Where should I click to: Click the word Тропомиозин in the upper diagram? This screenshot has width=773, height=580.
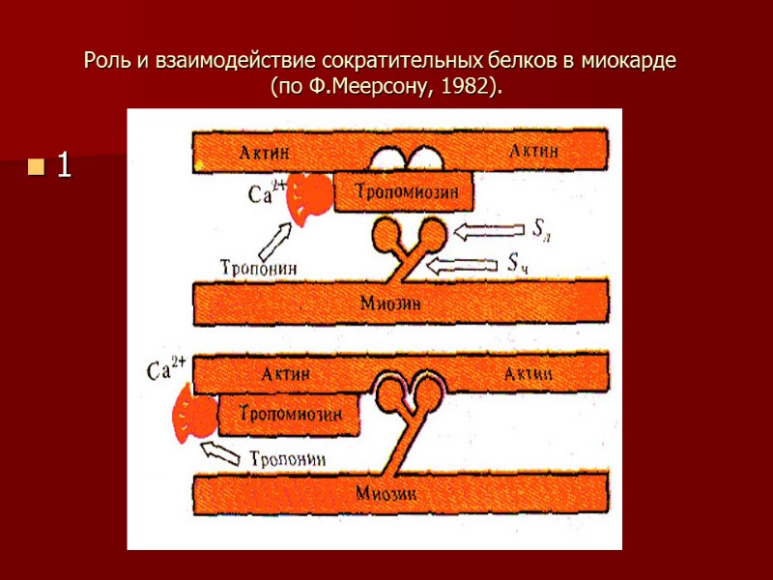coord(405,191)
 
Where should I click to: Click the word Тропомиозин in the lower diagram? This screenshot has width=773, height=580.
coord(288,415)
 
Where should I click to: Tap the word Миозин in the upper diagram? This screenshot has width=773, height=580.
coord(391,302)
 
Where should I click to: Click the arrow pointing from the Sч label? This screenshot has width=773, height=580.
coord(464,263)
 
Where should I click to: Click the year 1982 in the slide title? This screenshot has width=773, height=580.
coord(460,88)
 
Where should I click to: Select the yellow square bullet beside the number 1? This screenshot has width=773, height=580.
coord(36,168)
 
